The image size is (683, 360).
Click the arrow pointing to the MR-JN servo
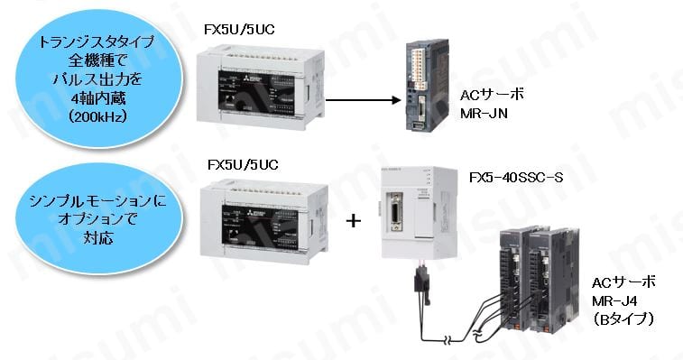click(x=361, y=102)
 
